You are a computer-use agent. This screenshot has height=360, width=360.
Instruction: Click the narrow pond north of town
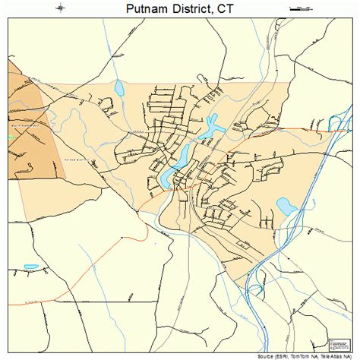(x=119, y=90)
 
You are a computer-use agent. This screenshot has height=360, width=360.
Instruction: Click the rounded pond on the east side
(x=286, y=205)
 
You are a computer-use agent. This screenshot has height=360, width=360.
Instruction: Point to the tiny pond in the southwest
(x=31, y=267)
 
